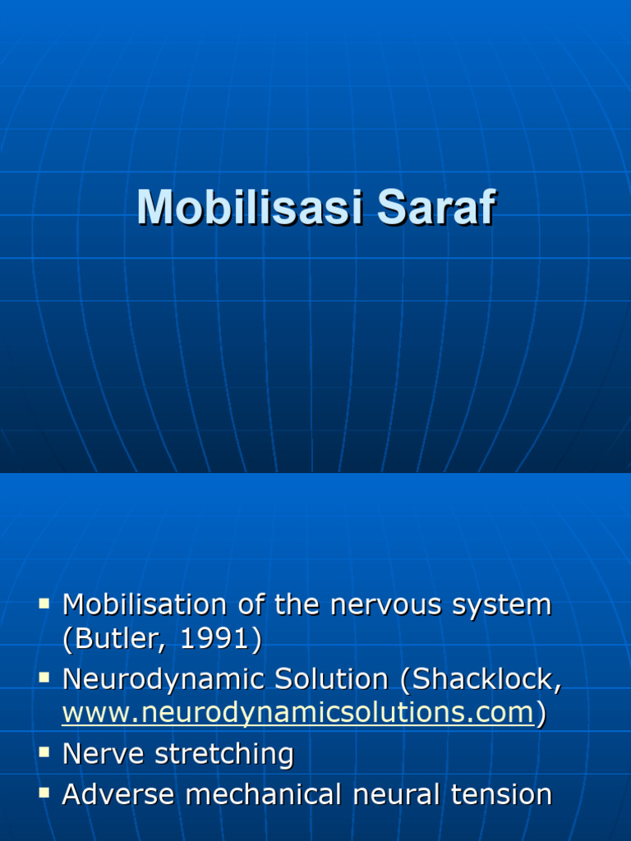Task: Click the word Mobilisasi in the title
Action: coord(251,207)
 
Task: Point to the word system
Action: coord(508,607)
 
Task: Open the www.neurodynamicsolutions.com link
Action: coord(298,714)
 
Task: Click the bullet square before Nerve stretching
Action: coord(44,752)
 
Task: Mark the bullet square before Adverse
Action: coord(44,793)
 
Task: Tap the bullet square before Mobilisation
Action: coord(44,604)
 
